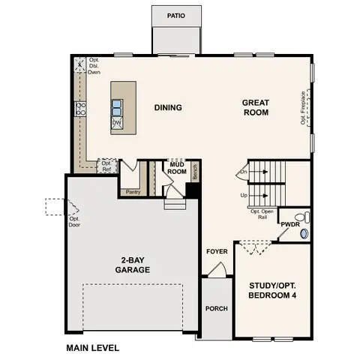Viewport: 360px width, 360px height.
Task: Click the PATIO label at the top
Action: tap(177, 15)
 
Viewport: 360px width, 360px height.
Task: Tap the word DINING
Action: tap(168, 107)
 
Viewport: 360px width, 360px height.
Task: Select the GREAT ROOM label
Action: tap(256, 107)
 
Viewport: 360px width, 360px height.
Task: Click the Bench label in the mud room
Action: tap(195, 172)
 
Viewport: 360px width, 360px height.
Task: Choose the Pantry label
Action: tap(133, 191)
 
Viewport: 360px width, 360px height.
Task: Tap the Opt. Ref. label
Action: tap(106, 166)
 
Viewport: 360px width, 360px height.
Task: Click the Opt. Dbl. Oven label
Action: tap(94, 66)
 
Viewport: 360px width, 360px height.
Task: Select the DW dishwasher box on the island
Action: tap(117, 121)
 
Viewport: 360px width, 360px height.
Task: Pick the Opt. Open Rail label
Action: tap(262, 214)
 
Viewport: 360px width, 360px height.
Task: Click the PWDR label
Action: tap(290, 224)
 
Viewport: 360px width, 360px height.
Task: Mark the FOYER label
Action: tap(217, 251)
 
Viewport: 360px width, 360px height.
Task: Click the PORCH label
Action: tap(216, 308)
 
